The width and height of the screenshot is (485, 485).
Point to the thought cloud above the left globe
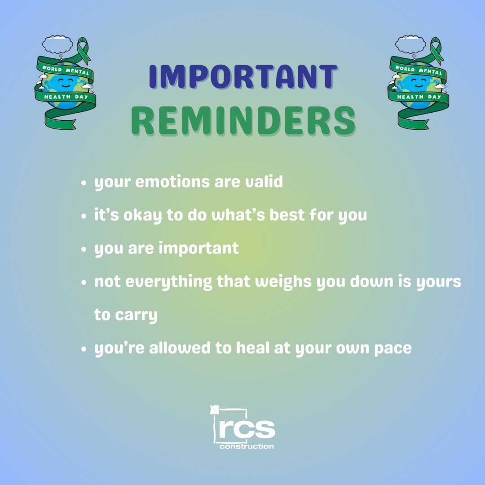57,44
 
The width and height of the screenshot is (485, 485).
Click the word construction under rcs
247,446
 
